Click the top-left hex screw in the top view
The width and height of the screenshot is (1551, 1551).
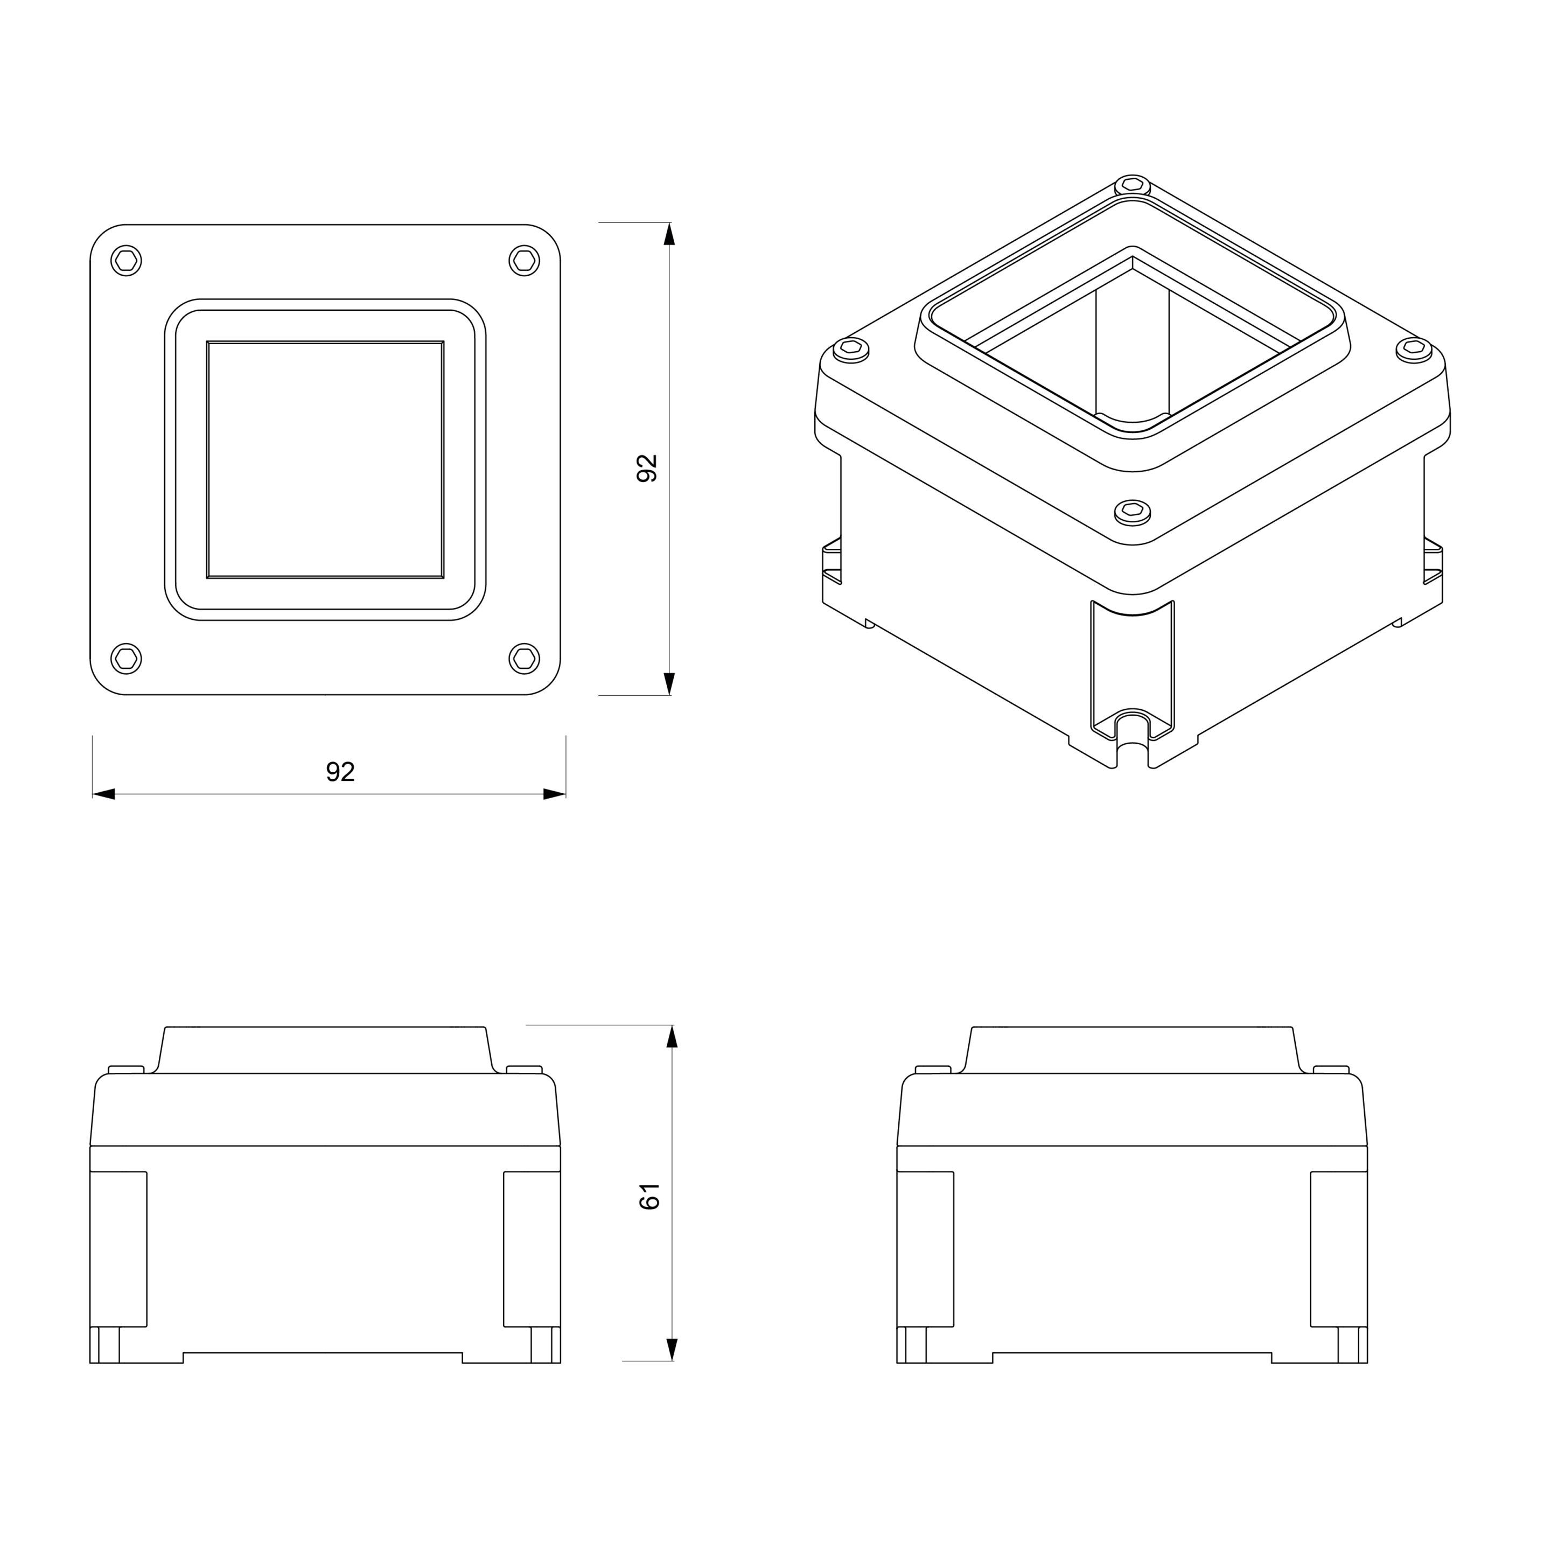(126, 261)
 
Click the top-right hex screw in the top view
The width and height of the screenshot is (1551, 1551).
(524, 260)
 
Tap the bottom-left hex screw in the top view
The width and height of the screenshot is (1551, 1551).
(126, 658)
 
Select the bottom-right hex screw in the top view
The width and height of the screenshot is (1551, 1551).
(524, 658)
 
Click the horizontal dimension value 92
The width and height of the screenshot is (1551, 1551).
(340, 772)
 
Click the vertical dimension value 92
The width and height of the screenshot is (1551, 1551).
(647, 468)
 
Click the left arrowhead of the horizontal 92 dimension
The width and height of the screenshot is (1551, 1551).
(103, 794)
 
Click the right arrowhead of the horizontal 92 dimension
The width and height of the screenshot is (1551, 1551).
(555, 794)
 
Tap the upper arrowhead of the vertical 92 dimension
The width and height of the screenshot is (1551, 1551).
(669, 234)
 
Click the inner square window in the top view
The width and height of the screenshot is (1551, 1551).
(325, 459)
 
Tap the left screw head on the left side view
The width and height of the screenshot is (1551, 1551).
(126, 1070)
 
